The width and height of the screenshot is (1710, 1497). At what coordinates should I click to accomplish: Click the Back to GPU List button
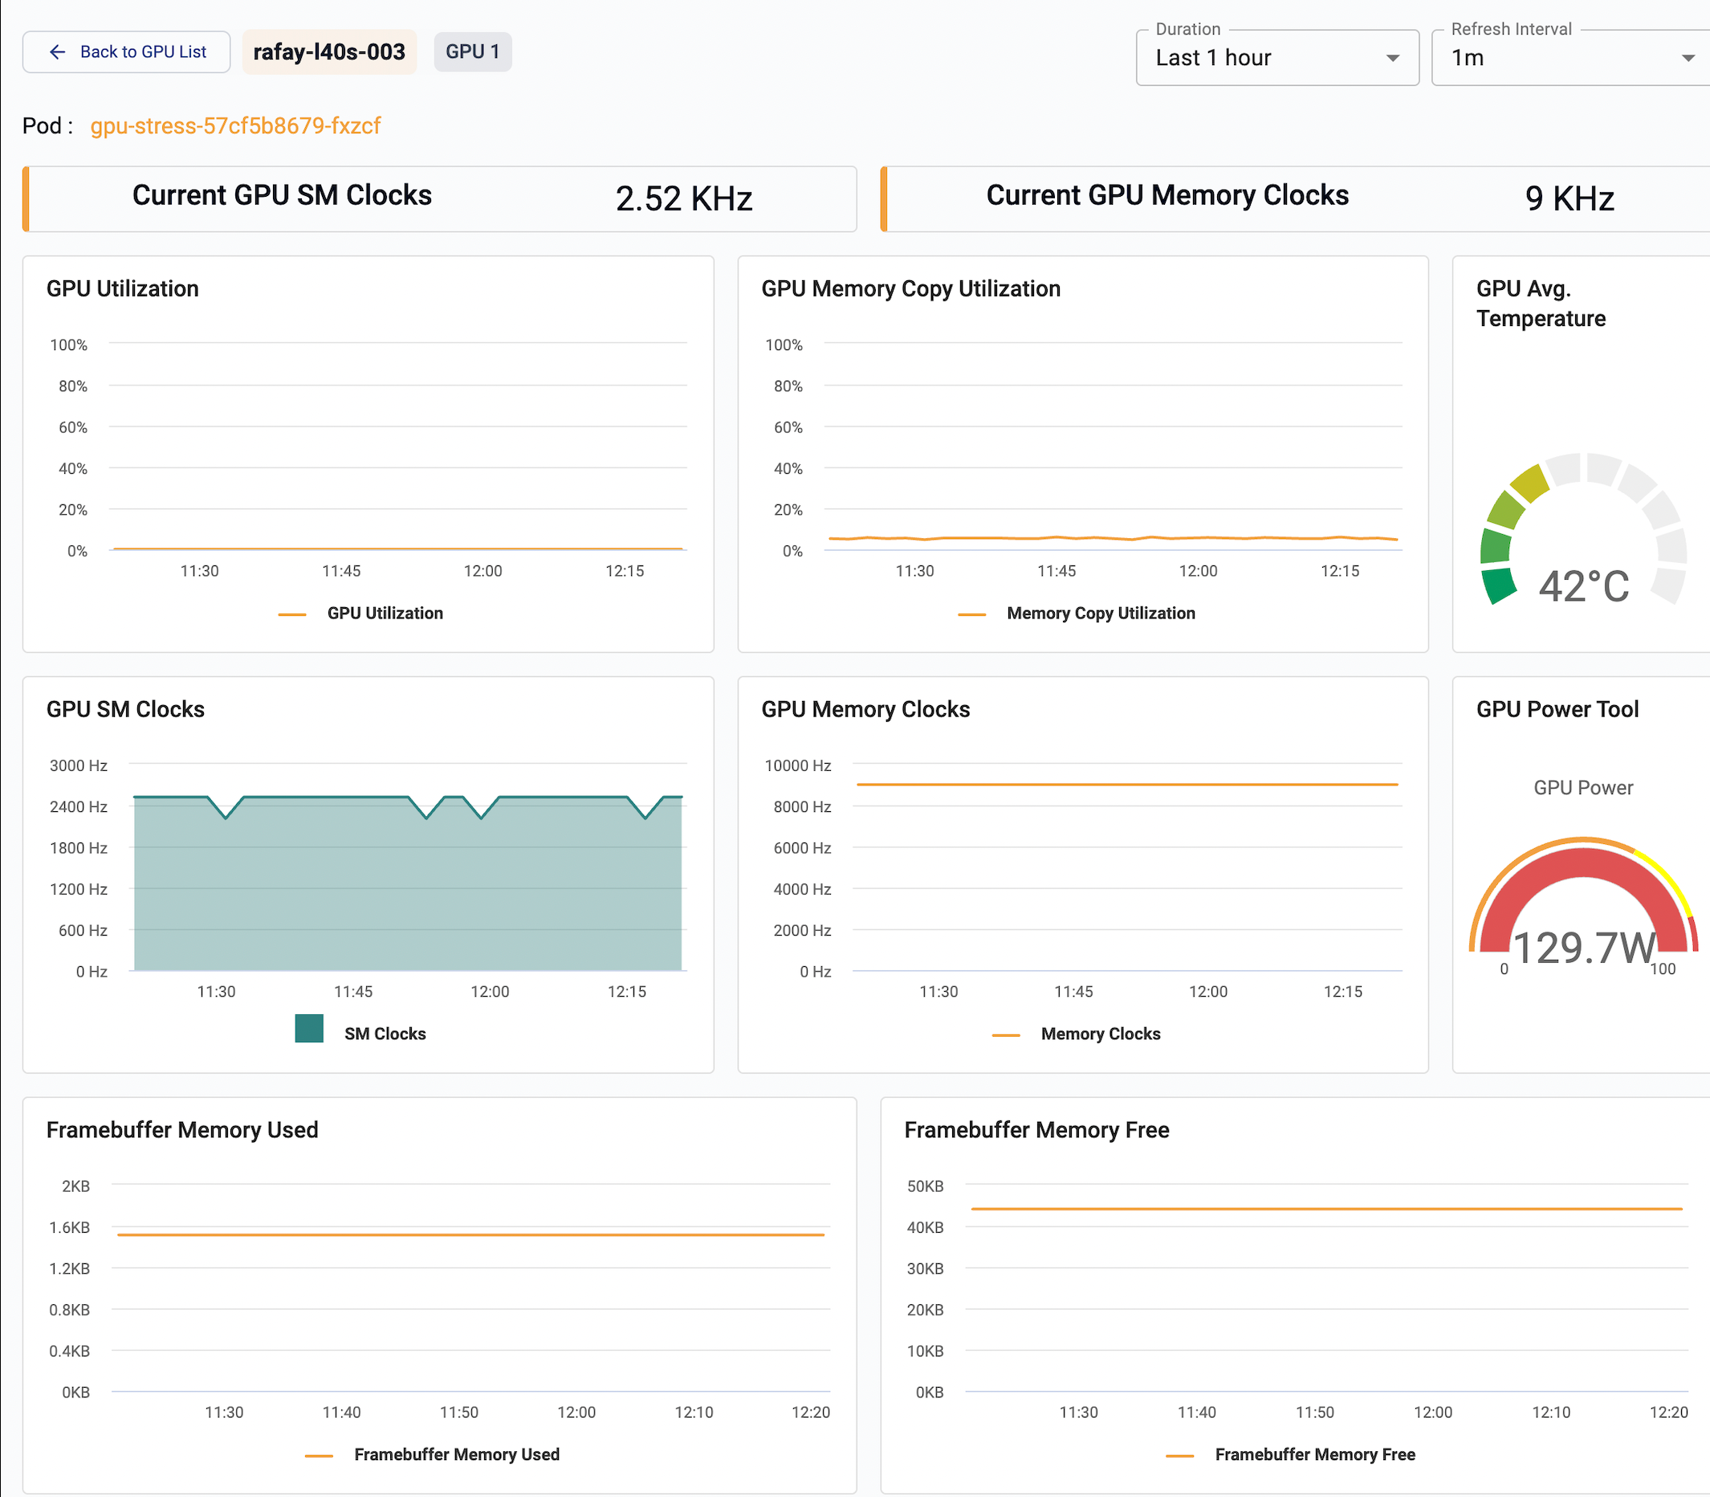tap(126, 51)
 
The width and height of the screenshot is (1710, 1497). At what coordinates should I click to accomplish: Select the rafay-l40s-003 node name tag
tap(329, 51)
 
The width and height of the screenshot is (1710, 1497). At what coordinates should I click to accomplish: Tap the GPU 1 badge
tap(473, 51)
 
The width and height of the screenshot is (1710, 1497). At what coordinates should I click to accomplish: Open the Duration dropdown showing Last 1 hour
tap(1276, 58)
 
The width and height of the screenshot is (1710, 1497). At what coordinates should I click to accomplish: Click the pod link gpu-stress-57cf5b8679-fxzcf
tap(235, 125)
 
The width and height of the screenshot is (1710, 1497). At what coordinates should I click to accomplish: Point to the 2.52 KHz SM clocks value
tap(684, 199)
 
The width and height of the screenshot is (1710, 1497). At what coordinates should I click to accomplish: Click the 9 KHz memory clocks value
tap(1569, 199)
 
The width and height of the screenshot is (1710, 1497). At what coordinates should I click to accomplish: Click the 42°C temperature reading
tap(1583, 585)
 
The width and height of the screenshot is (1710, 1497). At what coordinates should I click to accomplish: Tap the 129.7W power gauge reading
tap(1583, 948)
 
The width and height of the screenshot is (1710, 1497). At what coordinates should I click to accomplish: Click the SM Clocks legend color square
tap(309, 1028)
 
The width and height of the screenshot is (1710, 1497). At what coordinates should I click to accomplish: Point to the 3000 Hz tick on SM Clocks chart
tap(79, 765)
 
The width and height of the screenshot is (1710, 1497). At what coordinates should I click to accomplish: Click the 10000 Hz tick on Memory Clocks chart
tap(797, 765)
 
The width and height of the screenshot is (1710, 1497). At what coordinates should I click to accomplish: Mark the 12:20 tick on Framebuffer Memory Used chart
tap(811, 1412)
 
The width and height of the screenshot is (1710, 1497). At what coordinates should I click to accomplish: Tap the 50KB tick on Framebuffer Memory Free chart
tap(925, 1186)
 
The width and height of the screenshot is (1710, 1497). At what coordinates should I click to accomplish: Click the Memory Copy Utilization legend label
tap(1101, 613)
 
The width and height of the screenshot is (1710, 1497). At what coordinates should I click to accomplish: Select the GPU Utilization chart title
tap(123, 288)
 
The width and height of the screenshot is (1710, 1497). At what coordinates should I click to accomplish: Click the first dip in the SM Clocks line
tap(226, 817)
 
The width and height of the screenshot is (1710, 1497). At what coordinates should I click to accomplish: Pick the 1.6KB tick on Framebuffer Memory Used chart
tap(69, 1227)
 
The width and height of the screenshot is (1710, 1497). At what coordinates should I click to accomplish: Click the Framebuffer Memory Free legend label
tap(1315, 1454)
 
